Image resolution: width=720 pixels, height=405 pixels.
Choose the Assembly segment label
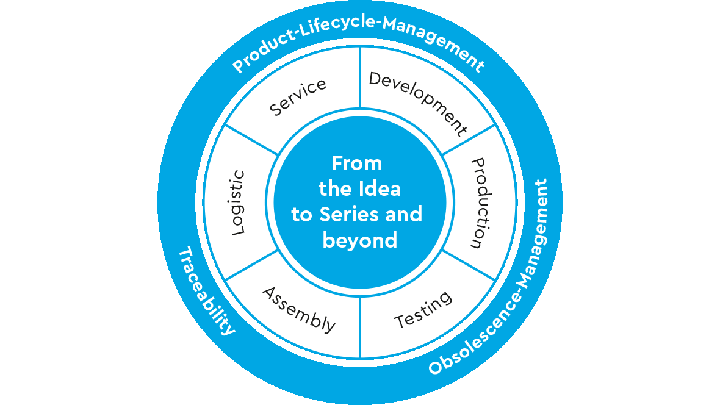pos(299,310)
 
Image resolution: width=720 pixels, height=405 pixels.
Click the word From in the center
pos(357,163)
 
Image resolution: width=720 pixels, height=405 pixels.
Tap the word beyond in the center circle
pos(359,240)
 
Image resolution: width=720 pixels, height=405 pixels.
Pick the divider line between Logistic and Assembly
pos(251,265)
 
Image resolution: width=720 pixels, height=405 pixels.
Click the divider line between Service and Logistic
pos(251,140)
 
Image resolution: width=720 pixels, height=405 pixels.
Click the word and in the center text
pos(403,214)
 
